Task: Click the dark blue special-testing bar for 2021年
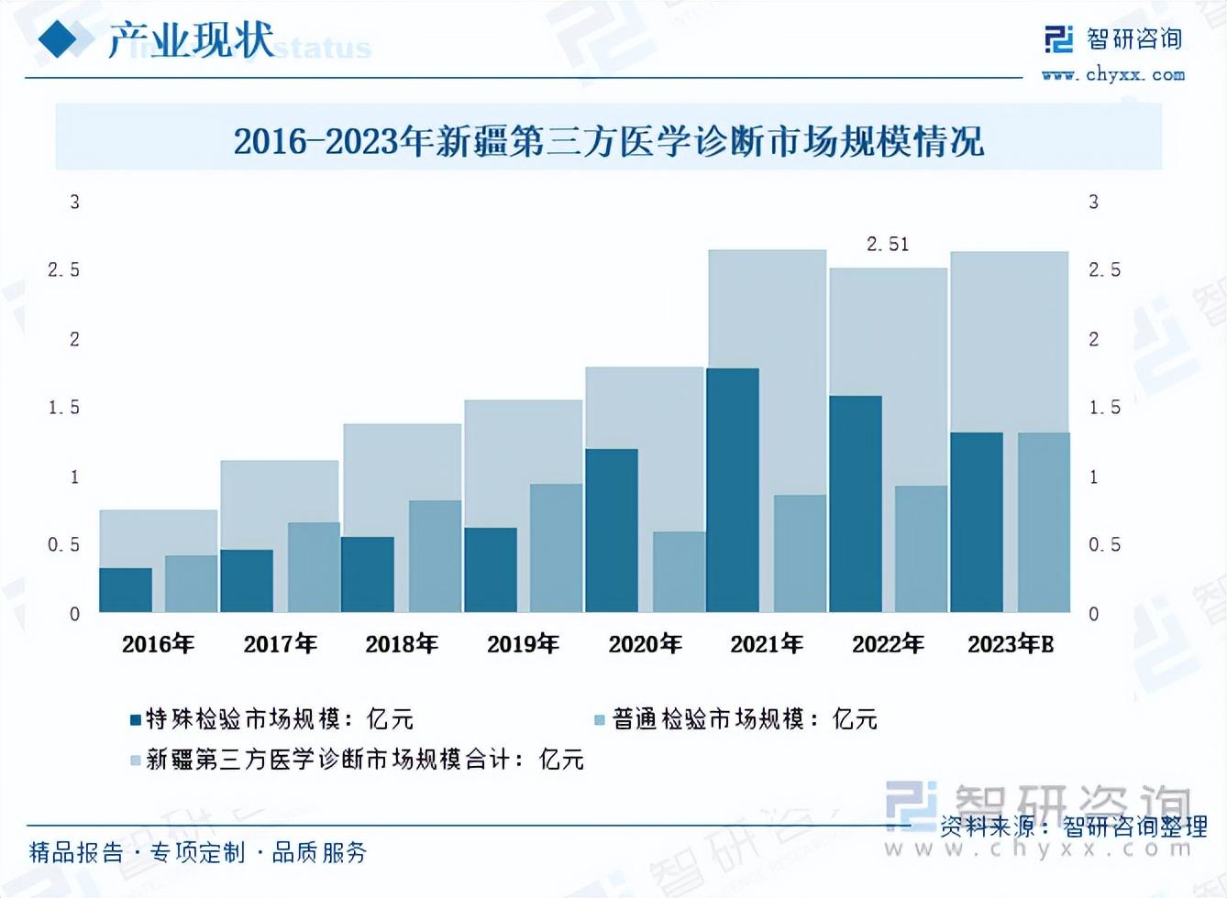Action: point(733,490)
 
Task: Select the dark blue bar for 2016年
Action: point(126,590)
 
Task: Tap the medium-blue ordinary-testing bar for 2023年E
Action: point(1044,522)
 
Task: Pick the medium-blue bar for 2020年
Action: point(679,572)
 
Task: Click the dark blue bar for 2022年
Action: point(855,504)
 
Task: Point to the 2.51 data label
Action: point(888,245)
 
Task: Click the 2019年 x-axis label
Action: point(523,644)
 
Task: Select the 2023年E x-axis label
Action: point(1011,644)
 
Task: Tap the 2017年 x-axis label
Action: point(280,644)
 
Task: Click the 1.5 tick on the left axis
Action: point(64,408)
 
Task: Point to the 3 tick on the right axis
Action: point(1093,202)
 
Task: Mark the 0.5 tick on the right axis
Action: point(1104,545)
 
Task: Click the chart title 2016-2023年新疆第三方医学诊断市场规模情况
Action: point(608,141)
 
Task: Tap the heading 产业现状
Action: point(191,40)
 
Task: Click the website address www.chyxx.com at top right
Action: point(1113,75)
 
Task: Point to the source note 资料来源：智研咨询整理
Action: point(1073,827)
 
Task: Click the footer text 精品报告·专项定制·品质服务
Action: point(198,853)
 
